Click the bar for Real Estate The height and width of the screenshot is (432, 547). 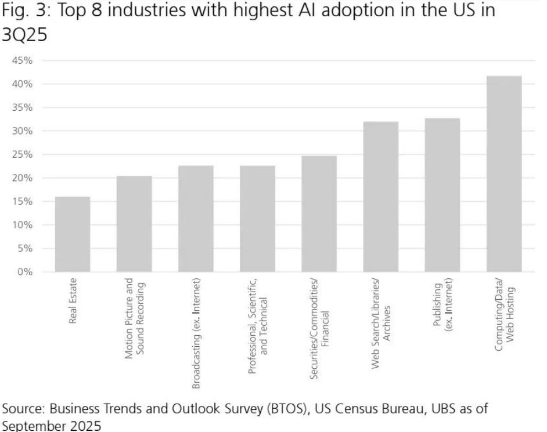click(x=73, y=234)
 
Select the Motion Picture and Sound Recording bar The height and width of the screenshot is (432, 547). click(x=134, y=224)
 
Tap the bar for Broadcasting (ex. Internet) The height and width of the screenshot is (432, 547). click(x=196, y=219)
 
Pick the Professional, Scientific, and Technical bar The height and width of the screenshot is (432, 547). click(x=257, y=219)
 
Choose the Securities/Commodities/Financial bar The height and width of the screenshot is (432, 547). click(x=319, y=213)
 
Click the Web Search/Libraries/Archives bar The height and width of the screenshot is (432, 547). click(x=381, y=197)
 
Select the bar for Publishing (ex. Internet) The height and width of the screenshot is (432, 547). click(x=442, y=195)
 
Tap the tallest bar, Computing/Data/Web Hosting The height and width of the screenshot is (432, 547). click(x=504, y=174)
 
